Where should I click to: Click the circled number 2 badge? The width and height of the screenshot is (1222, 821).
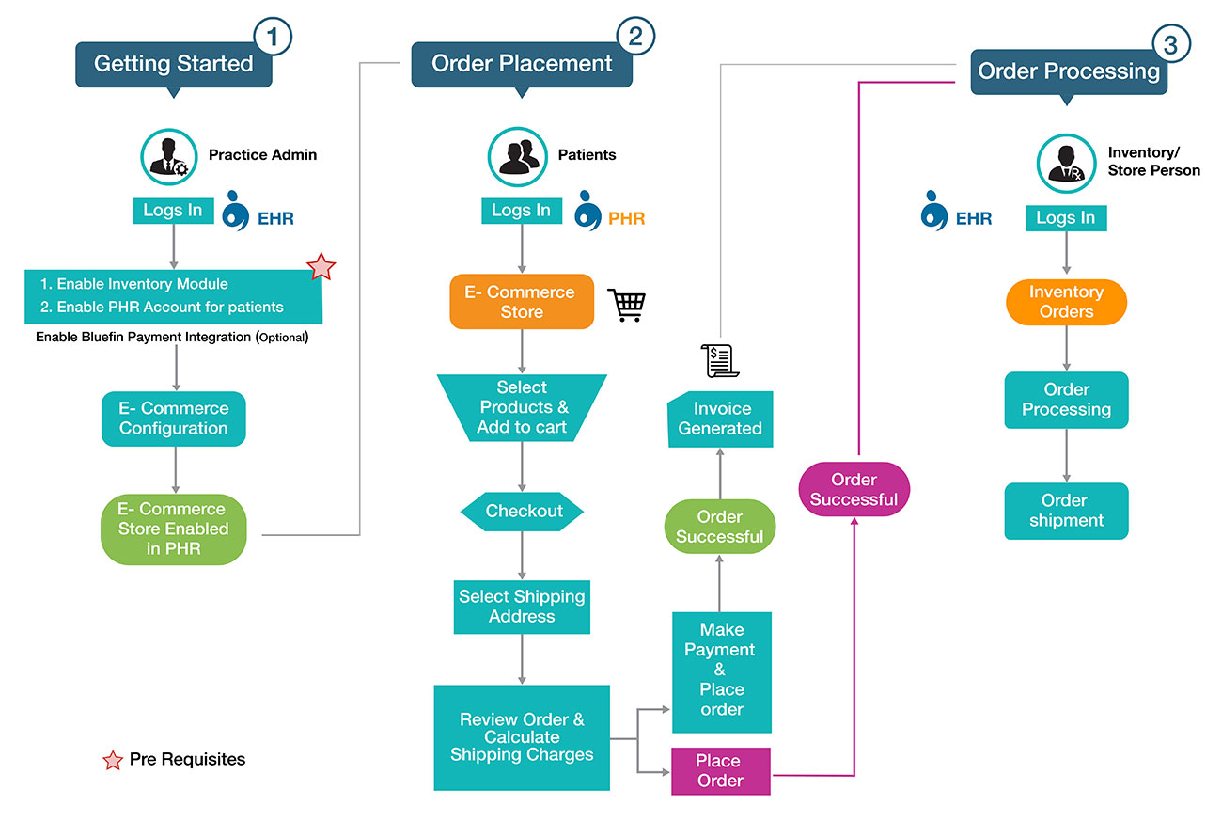(635, 37)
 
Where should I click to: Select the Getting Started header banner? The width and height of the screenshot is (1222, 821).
(174, 64)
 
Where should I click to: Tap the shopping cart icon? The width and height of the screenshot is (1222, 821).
(627, 305)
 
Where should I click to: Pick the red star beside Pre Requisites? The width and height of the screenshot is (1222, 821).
(113, 761)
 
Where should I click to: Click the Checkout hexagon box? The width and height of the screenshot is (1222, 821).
(522, 512)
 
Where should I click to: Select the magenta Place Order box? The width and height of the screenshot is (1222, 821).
(720, 771)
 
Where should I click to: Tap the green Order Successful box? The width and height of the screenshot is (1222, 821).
(719, 528)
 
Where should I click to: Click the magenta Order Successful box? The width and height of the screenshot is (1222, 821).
(854, 490)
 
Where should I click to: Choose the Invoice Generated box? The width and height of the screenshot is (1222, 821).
(720, 418)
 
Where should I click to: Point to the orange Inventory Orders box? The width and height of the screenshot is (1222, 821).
(1066, 302)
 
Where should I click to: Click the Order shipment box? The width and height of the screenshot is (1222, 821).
(1066, 511)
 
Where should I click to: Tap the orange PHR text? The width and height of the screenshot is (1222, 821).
(626, 219)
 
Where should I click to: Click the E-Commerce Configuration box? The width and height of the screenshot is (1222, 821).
(173, 418)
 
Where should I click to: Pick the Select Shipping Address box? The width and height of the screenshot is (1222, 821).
(522, 607)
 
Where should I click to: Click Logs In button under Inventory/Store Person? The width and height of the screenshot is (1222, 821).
(1065, 218)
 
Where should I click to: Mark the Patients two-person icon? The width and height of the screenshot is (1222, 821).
(518, 154)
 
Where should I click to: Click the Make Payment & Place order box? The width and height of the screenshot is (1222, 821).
(721, 671)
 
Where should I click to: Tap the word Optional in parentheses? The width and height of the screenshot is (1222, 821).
(282, 337)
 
